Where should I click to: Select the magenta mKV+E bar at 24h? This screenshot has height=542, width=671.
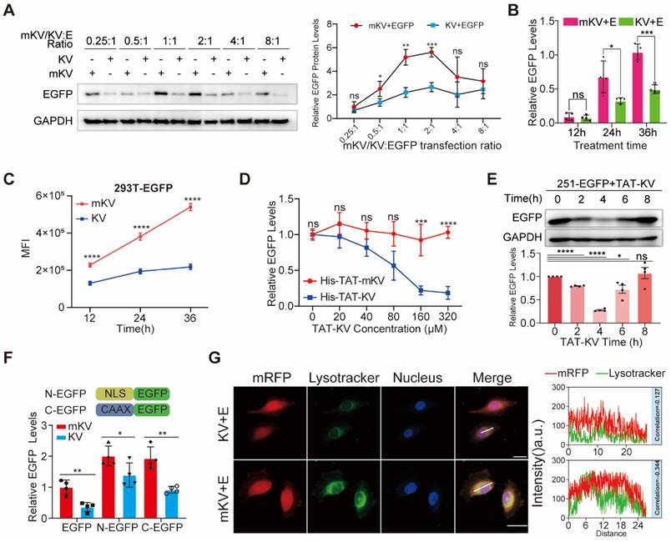tap(578, 100)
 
